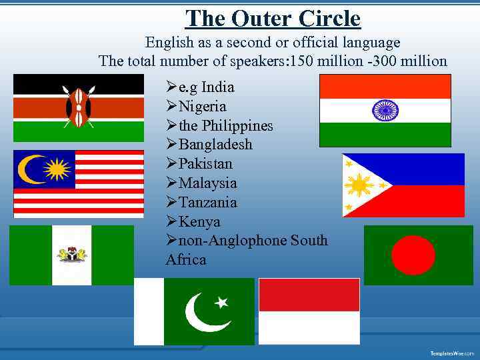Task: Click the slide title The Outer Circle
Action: click(273, 18)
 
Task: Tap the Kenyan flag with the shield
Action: click(79, 107)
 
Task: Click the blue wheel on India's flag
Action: click(385, 110)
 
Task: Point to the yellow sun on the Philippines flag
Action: click(360, 185)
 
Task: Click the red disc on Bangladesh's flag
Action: click(413, 255)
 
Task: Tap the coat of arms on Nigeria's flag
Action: click(72, 254)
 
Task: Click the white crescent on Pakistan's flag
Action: click(203, 313)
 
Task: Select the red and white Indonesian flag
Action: click(309, 310)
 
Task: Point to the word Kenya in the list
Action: click(199, 222)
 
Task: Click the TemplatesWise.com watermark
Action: click(452, 353)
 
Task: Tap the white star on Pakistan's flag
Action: click(221, 302)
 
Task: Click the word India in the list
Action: click(217, 87)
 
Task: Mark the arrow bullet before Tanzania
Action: click(172, 203)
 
